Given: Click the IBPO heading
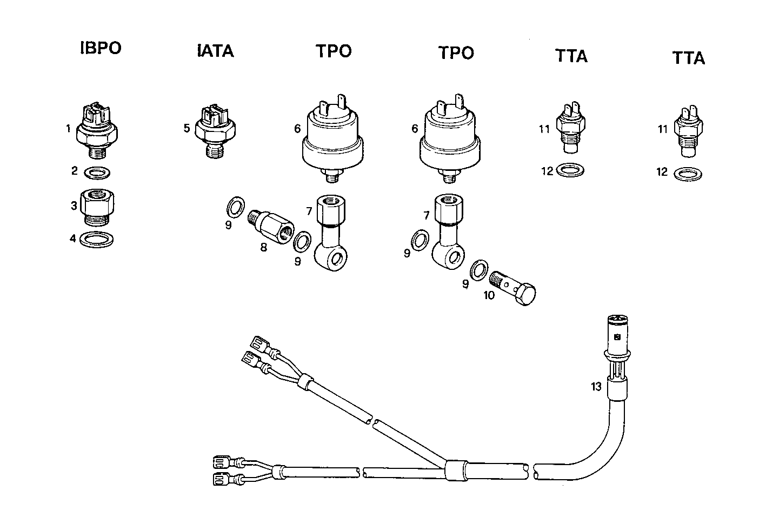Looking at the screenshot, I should (x=101, y=48).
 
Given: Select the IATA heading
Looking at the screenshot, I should (x=215, y=51).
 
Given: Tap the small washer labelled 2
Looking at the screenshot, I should (x=98, y=173).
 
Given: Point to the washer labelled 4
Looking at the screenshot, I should (x=97, y=239).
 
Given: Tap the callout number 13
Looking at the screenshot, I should (x=596, y=386).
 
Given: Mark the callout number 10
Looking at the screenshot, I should (x=489, y=296).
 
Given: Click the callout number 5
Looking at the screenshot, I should (x=186, y=128).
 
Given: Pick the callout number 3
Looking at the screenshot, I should (x=74, y=206).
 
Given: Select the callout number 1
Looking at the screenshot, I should (x=68, y=129).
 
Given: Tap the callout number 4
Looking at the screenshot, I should (x=73, y=237).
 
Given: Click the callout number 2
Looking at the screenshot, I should (x=75, y=171).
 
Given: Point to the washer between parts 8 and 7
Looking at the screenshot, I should (x=302, y=241).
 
